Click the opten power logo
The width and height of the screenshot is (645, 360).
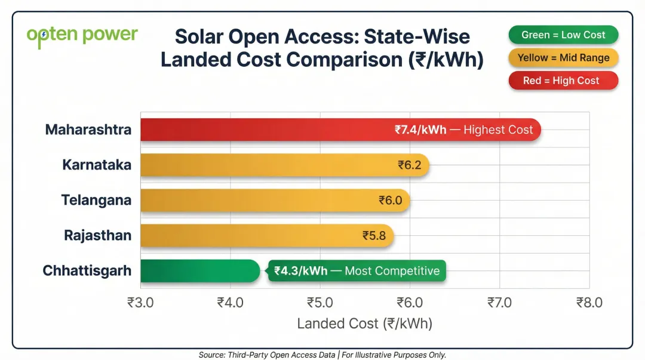point(82,35)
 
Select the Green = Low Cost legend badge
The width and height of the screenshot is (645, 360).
point(563,35)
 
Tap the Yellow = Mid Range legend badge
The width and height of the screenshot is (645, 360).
point(563,58)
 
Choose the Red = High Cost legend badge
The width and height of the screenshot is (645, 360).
point(563,81)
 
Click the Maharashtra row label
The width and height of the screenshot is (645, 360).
point(88,130)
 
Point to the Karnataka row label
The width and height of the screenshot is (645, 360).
point(97,165)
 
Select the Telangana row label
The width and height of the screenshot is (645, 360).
point(96,200)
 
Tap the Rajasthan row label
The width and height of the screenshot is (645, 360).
point(98,235)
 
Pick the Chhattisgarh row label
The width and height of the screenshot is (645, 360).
point(87,270)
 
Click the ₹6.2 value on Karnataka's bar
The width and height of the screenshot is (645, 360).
point(410,165)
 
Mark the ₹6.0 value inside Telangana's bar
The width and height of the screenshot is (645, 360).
point(391,201)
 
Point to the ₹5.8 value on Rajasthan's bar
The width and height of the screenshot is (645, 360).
point(374,236)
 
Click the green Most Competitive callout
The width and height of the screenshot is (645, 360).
point(357,271)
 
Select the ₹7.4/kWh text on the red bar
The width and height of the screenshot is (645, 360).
point(420,130)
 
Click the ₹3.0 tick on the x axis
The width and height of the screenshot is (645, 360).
point(140,303)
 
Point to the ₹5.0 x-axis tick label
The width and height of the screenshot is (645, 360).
point(320,303)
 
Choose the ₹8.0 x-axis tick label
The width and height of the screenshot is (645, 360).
point(589,303)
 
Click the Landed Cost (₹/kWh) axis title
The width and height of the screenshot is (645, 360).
point(364,324)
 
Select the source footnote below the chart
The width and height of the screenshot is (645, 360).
point(322,355)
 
